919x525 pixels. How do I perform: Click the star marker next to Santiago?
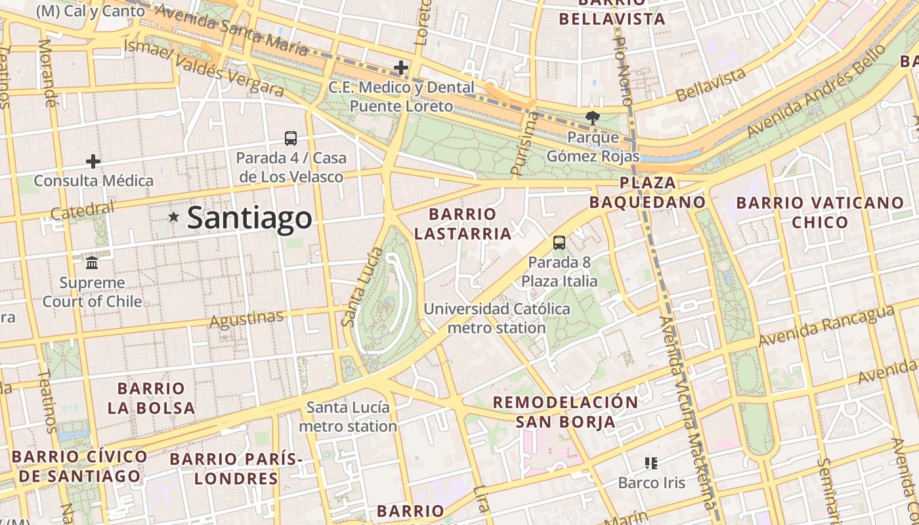173,217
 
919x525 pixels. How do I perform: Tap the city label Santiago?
249,218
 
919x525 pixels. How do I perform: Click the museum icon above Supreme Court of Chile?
92,262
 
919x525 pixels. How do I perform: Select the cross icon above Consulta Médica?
93,161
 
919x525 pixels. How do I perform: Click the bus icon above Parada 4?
291,138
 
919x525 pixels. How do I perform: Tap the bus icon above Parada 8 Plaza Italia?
559,242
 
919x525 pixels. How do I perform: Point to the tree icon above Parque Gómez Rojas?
593,118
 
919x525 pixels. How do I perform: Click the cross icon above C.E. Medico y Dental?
401,67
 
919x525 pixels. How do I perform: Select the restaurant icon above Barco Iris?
651,463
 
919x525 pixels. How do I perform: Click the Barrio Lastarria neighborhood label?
463,224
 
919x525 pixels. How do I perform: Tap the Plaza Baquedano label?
647,192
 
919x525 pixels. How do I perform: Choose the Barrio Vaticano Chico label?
820,212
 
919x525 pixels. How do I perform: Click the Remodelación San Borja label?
565,411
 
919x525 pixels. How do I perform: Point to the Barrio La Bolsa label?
151,398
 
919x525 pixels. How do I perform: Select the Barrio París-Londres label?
236,469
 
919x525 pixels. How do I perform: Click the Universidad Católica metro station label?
496,318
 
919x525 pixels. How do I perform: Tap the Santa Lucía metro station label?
348,417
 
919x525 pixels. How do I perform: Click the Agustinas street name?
246,319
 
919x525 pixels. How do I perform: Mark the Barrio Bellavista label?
612,13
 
